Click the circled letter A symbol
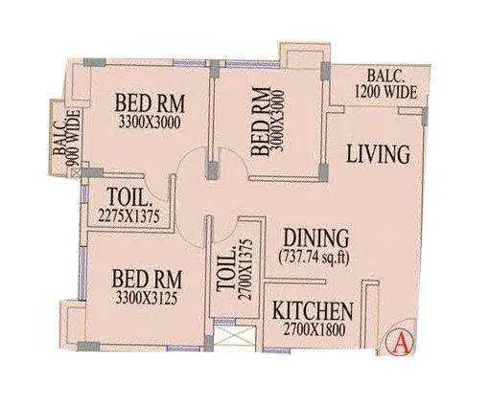click(x=400, y=340)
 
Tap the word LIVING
click(x=378, y=153)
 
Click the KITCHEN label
click(x=313, y=312)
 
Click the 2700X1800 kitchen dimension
click(x=313, y=332)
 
